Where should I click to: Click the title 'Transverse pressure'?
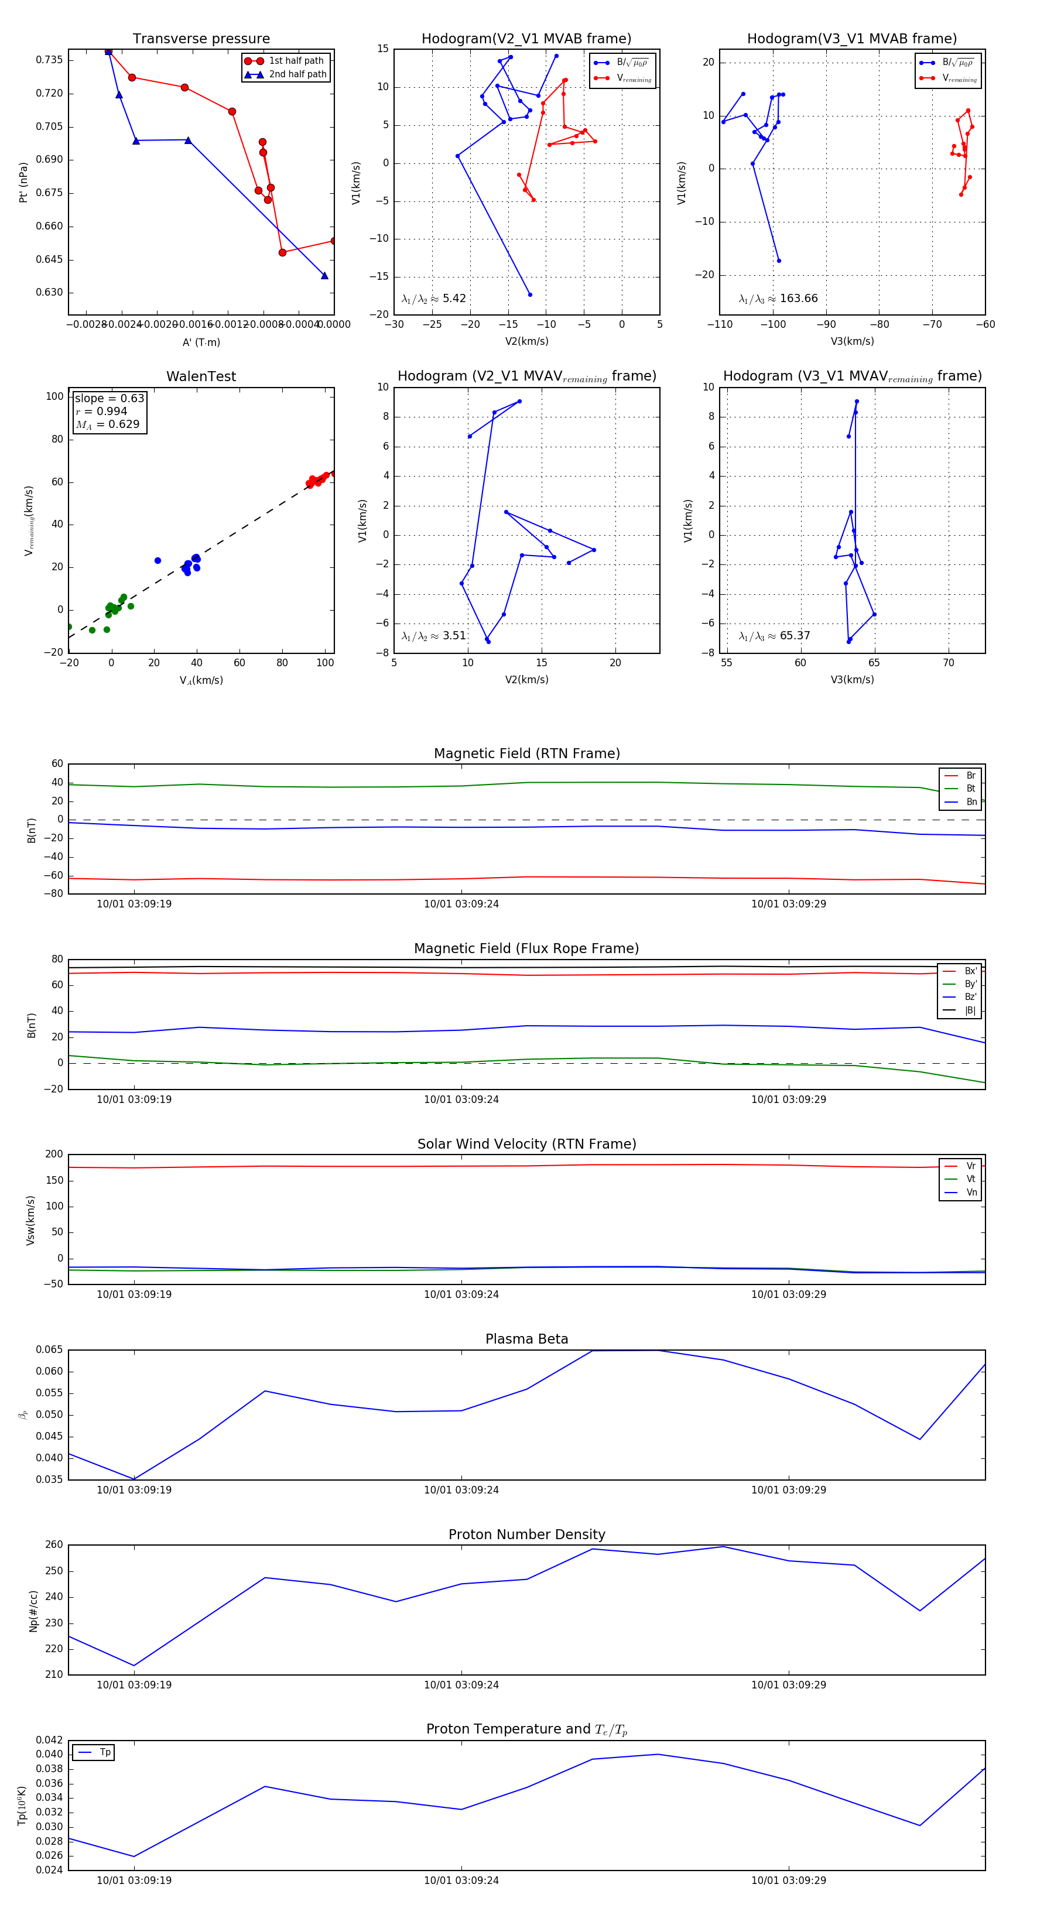pos(201,39)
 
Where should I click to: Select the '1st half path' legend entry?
pos(296,61)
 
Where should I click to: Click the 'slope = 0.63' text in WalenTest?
pos(109,398)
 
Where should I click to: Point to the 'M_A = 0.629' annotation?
pos(107,424)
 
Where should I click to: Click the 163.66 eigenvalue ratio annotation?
pos(778,299)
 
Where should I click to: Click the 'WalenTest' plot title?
pos(201,376)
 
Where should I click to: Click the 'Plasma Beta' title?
pos(526,1339)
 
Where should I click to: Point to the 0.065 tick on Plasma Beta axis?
pos(50,1349)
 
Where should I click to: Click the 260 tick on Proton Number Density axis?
pos(54,1544)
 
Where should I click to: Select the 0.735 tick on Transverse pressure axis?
pos(50,60)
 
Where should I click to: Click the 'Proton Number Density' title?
pos(526,1534)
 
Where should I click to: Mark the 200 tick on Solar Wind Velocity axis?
pos(54,1155)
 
